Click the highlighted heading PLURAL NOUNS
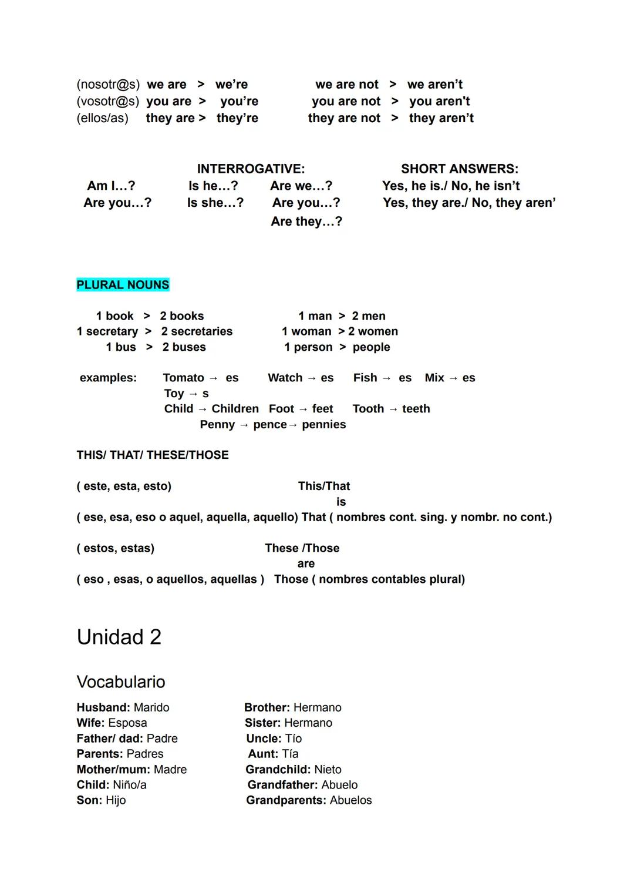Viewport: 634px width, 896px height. coord(123,285)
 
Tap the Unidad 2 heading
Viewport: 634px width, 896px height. coord(119,637)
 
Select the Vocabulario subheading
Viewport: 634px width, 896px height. coord(121,682)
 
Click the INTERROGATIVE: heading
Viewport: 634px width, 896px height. coord(251,169)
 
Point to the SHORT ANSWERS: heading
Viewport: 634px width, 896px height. coord(460,169)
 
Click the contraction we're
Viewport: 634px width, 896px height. coord(231,85)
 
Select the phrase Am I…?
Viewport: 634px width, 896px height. coord(111,186)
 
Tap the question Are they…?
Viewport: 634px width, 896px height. coord(306,222)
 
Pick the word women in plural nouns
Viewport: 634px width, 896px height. coord(377,331)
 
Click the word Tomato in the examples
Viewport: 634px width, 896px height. coord(183,378)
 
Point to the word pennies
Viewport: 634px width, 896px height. coord(323,425)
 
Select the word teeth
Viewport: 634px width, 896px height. coord(416,409)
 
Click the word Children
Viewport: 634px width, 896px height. coord(235,409)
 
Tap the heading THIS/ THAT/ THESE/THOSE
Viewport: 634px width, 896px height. coord(153,455)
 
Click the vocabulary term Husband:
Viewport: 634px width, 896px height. coord(103,707)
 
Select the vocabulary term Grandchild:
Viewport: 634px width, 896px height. coord(278,770)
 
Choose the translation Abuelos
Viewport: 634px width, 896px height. coord(350,800)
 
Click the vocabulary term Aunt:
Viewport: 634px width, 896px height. coord(262,754)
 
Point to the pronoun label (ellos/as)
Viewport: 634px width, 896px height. coord(102,118)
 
